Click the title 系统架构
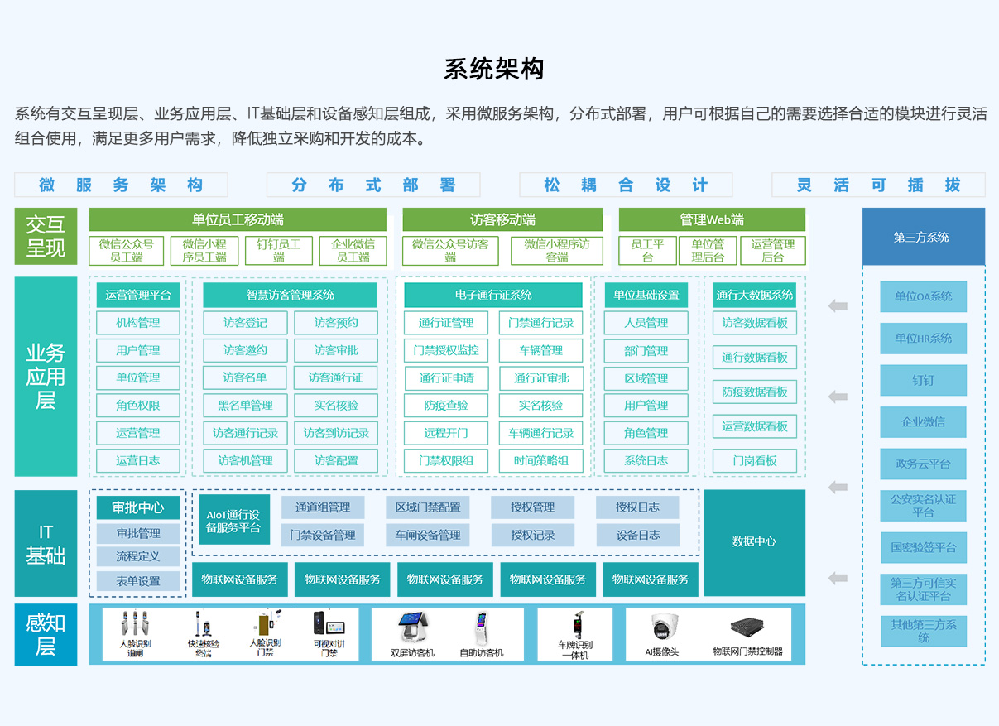[x=494, y=70]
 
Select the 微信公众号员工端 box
[x=127, y=251]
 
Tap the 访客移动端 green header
[x=502, y=219]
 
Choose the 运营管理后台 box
[x=772, y=251]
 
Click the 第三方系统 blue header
[x=923, y=237]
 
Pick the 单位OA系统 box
[x=923, y=296]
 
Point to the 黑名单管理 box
[x=245, y=406]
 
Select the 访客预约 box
[x=336, y=323]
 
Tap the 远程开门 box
[x=445, y=433]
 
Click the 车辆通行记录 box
[x=540, y=433]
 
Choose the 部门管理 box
[x=646, y=351]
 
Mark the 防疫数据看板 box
[x=754, y=392]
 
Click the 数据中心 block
[x=754, y=541]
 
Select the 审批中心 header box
[x=138, y=507]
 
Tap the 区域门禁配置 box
[x=427, y=507]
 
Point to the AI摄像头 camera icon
[x=663, y=627]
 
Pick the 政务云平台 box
[x=923, y=464]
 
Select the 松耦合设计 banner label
[x=626, y=185]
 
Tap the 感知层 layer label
[x=46, y=635]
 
